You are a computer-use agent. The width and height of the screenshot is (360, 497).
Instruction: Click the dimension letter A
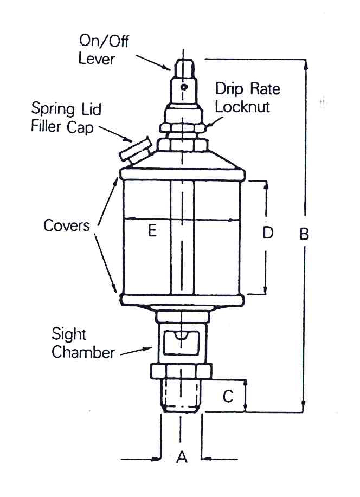[182, 458]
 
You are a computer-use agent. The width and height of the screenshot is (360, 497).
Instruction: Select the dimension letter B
[304, 234]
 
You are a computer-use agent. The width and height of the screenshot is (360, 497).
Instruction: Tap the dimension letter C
[228, 396]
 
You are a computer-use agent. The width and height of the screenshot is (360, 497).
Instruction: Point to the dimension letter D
[267, 233]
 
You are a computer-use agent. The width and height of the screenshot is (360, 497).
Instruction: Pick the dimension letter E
[152, 231]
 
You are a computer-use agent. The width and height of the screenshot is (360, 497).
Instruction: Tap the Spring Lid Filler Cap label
[66, 117]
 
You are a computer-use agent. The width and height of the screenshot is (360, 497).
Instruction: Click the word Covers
[67, 225]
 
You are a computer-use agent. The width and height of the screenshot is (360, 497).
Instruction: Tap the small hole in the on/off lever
[184, 86]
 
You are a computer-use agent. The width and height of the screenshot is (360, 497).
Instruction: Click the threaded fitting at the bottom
[182, 396]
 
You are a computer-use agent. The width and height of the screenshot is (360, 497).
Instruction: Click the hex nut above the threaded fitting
[182, 372]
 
